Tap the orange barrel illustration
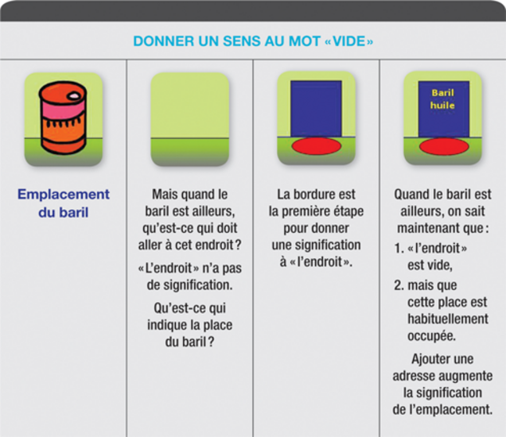(x=63, y=118)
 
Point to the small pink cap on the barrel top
(x=74, y=95)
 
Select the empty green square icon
(x=189, y=119)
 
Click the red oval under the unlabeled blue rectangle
(x=317, y=146)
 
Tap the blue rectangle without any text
(x=316, y=109)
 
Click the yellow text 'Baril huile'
(x=442, y=99)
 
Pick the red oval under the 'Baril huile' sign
(x=444, y=146)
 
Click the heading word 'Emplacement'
(x=64, y=195)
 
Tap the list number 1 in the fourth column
(x=399, y=248)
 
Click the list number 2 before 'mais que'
(x=399, y=285)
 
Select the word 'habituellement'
(x=448, y=319)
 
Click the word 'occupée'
(x=431, y=336)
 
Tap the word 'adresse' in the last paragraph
(x=414, y=376)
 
